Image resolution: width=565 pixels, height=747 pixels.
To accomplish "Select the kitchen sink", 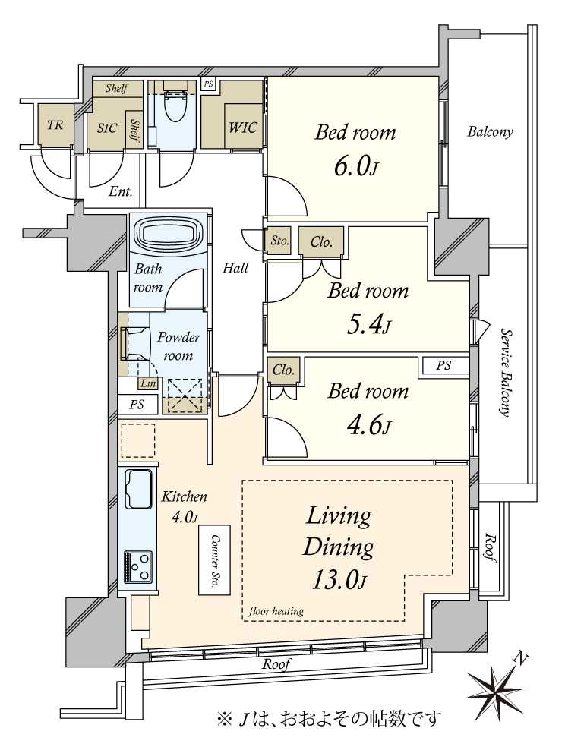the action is click(138, 489).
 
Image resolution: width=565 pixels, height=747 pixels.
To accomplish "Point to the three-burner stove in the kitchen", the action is click(138, 566).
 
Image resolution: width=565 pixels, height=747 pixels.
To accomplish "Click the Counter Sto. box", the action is click(214, 559).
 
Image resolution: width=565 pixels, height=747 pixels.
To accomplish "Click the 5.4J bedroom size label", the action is click(369, 325).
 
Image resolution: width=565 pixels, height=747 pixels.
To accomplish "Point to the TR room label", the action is click(55, 125).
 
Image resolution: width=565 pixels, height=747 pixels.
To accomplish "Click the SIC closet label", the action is click(107, 128).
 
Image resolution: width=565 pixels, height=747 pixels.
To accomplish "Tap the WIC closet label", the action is click(243, 128).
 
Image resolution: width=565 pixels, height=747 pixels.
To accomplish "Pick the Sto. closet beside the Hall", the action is click(279, 241).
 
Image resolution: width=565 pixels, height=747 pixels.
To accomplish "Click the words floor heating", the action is click(276, 611).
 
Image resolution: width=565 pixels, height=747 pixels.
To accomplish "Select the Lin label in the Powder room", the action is click(148, 383).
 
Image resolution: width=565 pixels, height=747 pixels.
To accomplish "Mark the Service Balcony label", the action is click(506, 372).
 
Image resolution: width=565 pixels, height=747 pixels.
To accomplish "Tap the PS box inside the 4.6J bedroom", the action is click(443, 366).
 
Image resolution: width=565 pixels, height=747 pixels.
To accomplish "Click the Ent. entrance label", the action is click(121, 192).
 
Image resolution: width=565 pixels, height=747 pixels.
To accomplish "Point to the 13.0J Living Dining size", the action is click(339, 580).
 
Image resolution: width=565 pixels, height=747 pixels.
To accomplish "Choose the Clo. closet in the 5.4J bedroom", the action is click(321, 242).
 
